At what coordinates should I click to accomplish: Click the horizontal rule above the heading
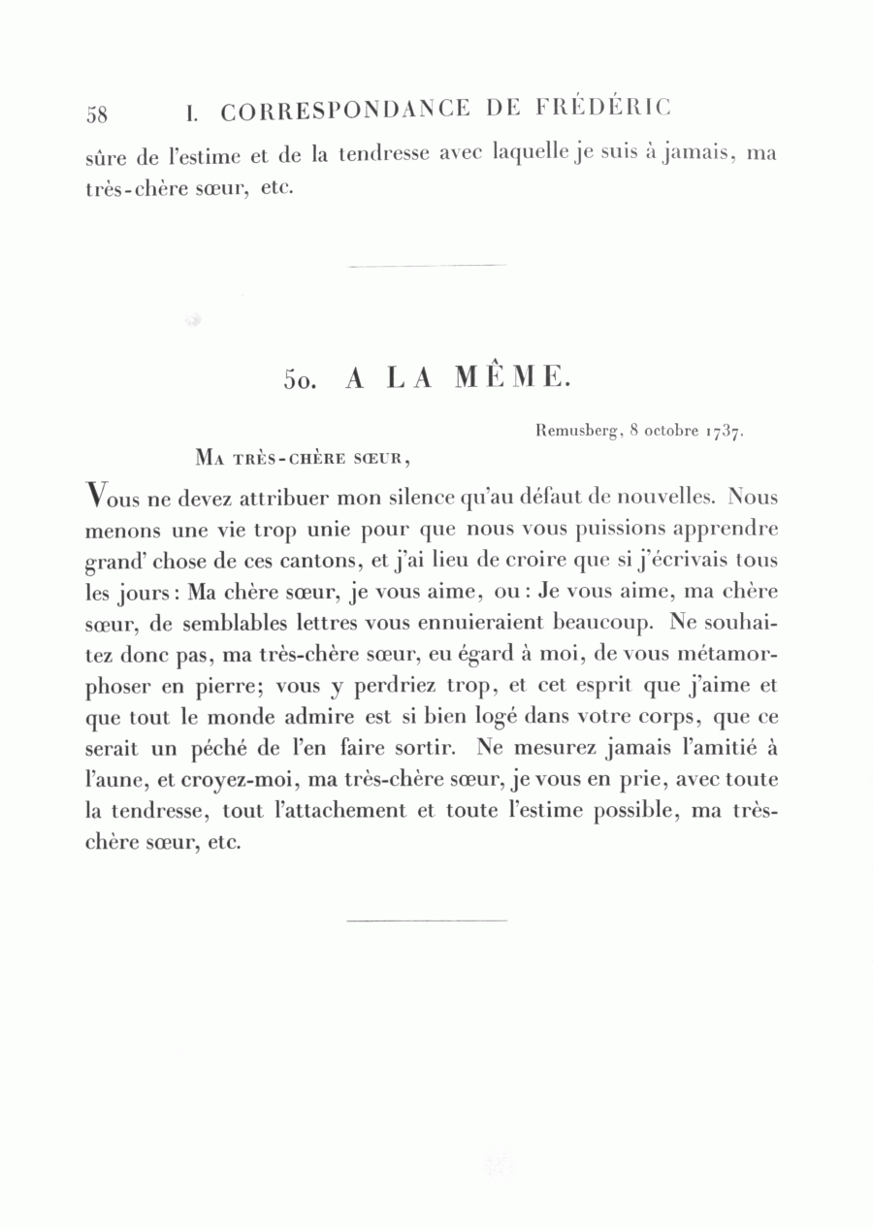426,265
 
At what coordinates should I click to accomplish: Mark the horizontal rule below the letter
426,920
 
